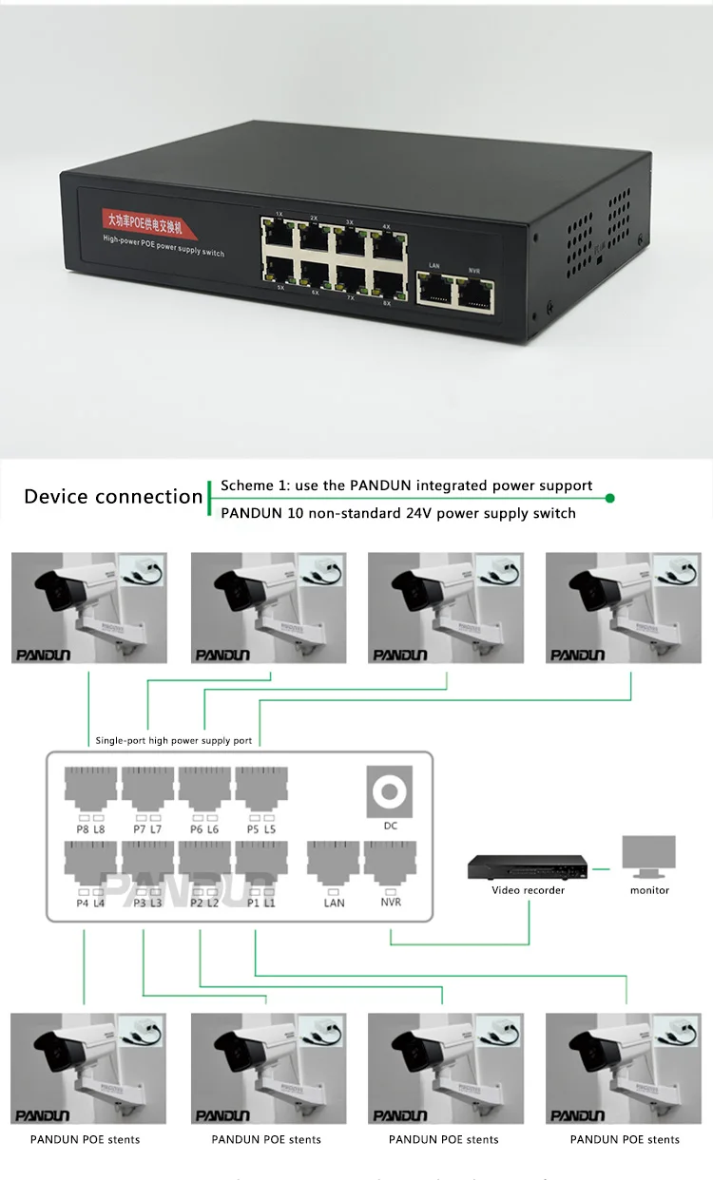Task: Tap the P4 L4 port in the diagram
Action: [90, 863]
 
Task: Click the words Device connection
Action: [113, 497]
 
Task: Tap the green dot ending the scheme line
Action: [610, 498]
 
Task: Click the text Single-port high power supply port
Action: [174, 740]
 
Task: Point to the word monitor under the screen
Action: [649, 890]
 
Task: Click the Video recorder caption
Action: [528, 890]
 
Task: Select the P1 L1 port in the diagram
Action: [261, 863]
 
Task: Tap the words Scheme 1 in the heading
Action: [253, 485]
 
